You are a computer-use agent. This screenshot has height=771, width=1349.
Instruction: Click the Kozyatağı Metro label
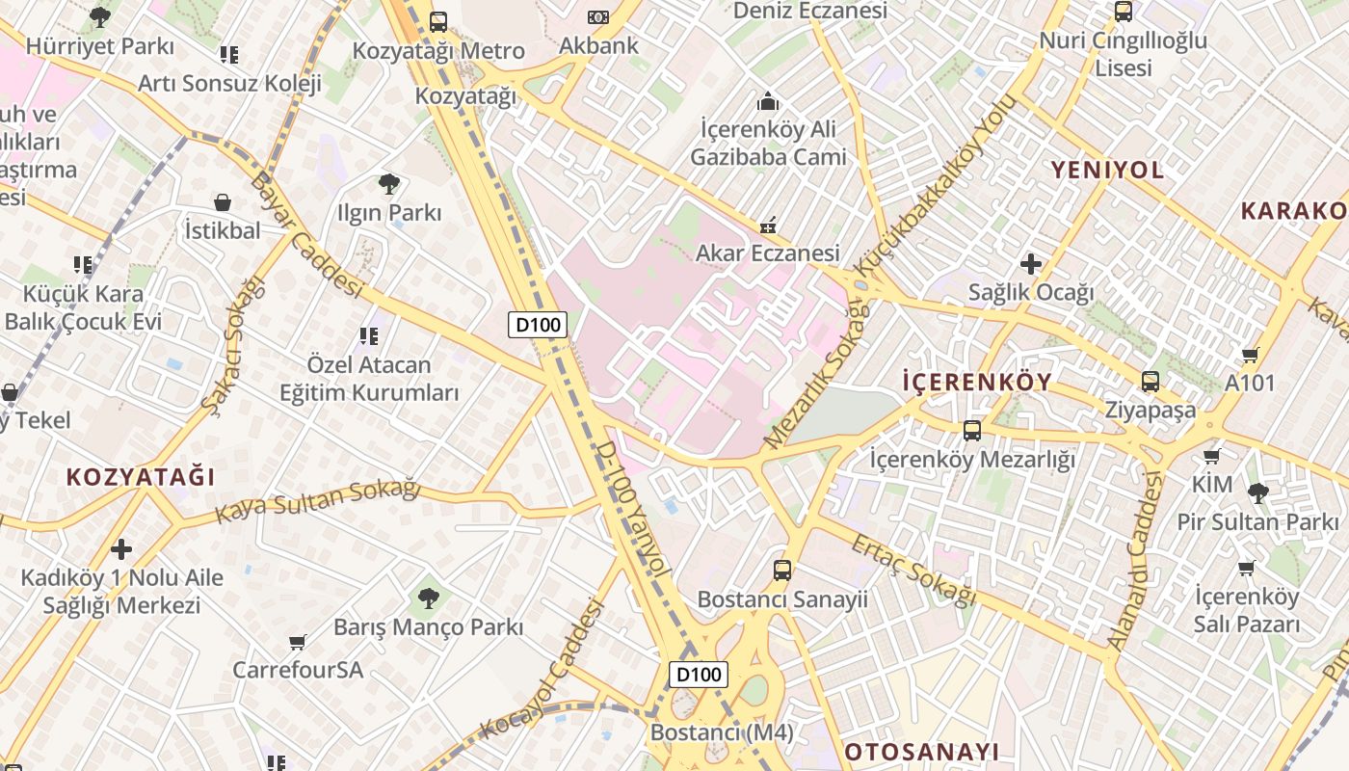(438, 50)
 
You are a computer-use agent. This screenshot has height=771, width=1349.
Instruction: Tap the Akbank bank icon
(598, 17)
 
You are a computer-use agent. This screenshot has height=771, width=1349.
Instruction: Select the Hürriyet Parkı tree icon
(99, 16)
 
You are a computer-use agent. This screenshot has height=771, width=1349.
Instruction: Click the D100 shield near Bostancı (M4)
(699, 674)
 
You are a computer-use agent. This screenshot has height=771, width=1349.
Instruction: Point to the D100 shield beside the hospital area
(538, 325)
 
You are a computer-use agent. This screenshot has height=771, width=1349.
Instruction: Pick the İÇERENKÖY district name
(977, 382)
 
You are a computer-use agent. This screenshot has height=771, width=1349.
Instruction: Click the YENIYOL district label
(1107, 171)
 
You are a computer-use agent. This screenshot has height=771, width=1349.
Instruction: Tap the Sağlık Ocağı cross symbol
(1031, 263)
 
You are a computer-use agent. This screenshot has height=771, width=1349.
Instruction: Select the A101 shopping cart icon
(1251, 355)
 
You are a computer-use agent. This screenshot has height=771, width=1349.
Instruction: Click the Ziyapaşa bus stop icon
(1151, 381)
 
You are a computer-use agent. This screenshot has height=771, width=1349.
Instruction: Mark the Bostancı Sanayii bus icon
(782, 570)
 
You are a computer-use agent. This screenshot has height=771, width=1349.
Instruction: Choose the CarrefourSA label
(298, 669)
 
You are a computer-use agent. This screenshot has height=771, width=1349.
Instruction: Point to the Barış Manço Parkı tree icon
(428, 598)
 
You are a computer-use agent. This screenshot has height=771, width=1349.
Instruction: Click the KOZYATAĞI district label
(141, 477)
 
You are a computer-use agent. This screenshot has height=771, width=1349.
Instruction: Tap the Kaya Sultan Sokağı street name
(318, 500)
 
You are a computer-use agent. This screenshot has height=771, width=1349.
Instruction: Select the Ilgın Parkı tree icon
(389, 183)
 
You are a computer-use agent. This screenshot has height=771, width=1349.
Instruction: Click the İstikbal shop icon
(223, 202)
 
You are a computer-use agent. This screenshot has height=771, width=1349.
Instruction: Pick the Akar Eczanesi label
(768, 253)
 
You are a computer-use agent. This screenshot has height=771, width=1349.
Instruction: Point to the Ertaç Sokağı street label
(913, 571)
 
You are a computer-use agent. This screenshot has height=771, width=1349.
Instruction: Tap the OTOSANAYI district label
(921, 752)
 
